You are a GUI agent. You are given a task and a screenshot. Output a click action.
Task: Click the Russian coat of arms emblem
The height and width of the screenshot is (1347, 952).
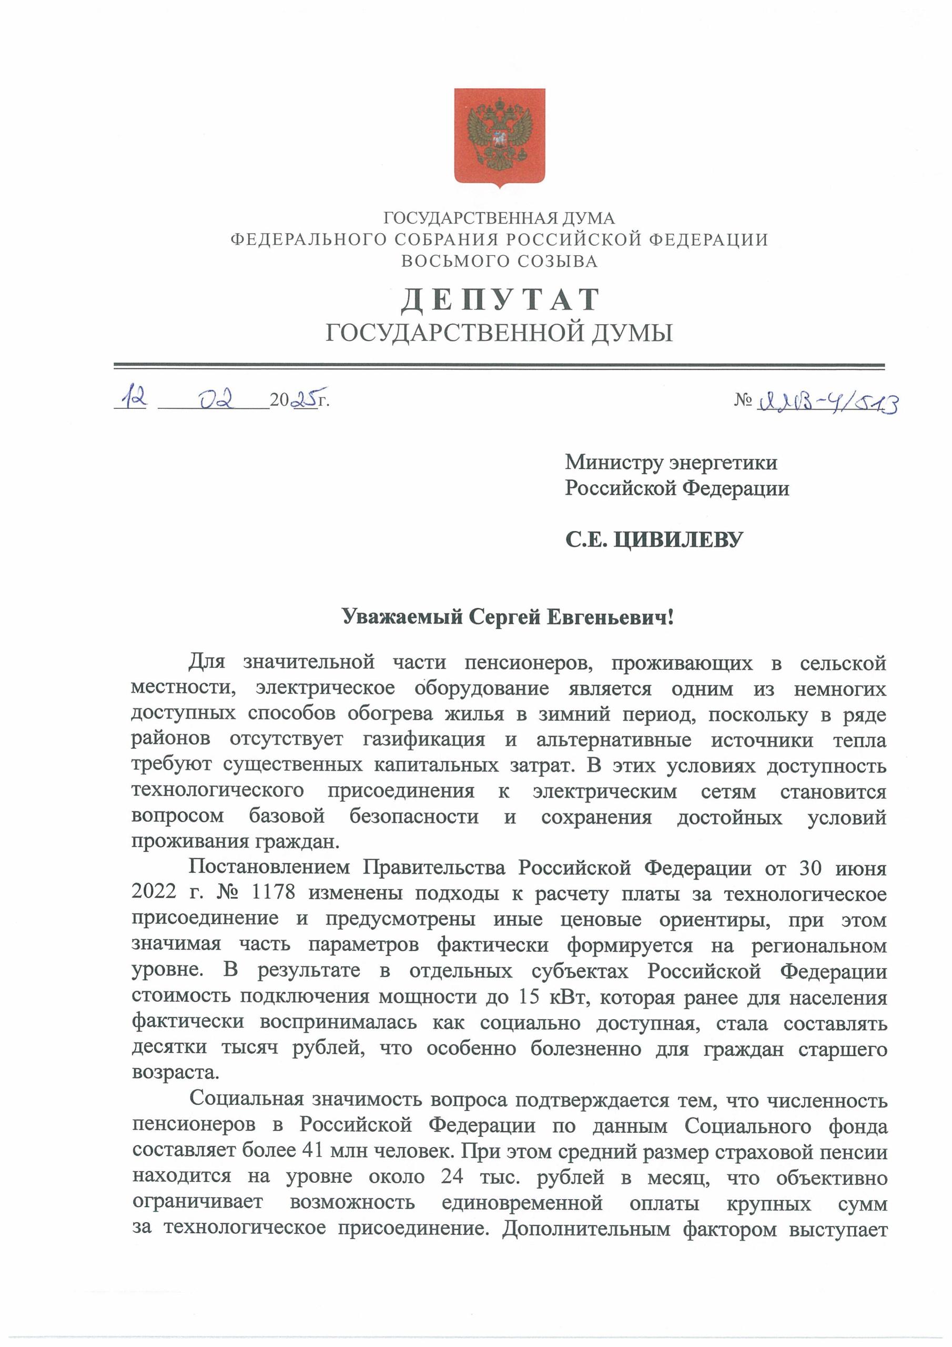point(499,137)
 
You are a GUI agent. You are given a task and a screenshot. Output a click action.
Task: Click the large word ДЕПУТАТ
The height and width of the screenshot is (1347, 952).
point(500,300)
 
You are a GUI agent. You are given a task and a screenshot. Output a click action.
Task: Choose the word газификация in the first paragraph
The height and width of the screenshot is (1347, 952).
point(423,740)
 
